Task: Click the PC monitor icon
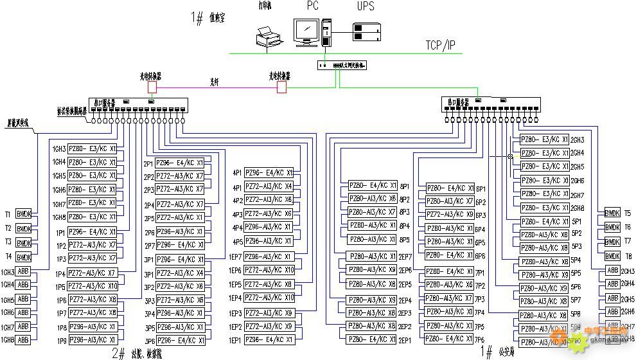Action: pos(306,32)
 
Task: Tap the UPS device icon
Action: pos(367,30)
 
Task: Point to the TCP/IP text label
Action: pos(441,45)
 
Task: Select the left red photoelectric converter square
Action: pos(152,86)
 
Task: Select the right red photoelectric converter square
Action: pos(281,86)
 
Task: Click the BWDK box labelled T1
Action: pos(23,215)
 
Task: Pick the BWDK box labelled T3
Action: pos(23,243)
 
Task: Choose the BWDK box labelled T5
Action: pos(612,213)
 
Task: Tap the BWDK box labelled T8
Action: pos(612,256)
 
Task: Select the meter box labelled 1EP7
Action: pos(269,256)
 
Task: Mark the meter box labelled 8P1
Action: pos(372,185)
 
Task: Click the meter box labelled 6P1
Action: pos(450,188)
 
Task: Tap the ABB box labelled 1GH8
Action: pos(23,340)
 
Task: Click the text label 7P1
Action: pos(480,273)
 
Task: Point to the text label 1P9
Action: pos(61,340)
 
